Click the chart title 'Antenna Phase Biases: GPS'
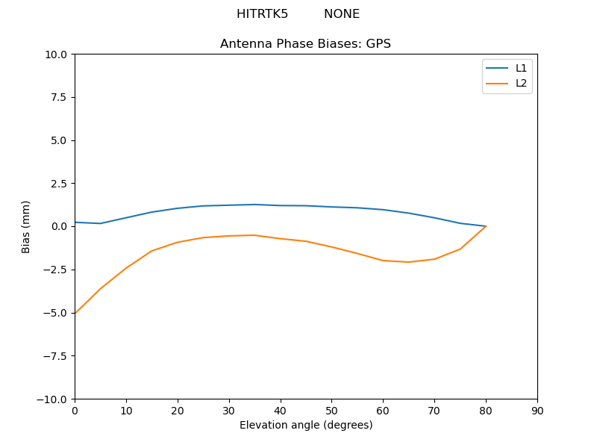[x=305, y=44]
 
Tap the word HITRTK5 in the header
[x=262, y=14]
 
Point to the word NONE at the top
[x=342, y=14]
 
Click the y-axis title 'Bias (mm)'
[x=26, y=226]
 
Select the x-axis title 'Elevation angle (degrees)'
[x=306, y=425]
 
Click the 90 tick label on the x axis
[x=537, y=411]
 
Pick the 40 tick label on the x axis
[x=281, y=411]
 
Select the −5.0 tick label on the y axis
[x=56, y=313]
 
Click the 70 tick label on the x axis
[x=434, y=411]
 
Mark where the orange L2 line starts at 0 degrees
[x=75, y=313]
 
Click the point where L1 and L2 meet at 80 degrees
[x=486, y=226]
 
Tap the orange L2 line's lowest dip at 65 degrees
[x=409, y=262]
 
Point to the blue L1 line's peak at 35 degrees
[x=254, y=205]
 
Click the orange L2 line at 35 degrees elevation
[x=254, y=235]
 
